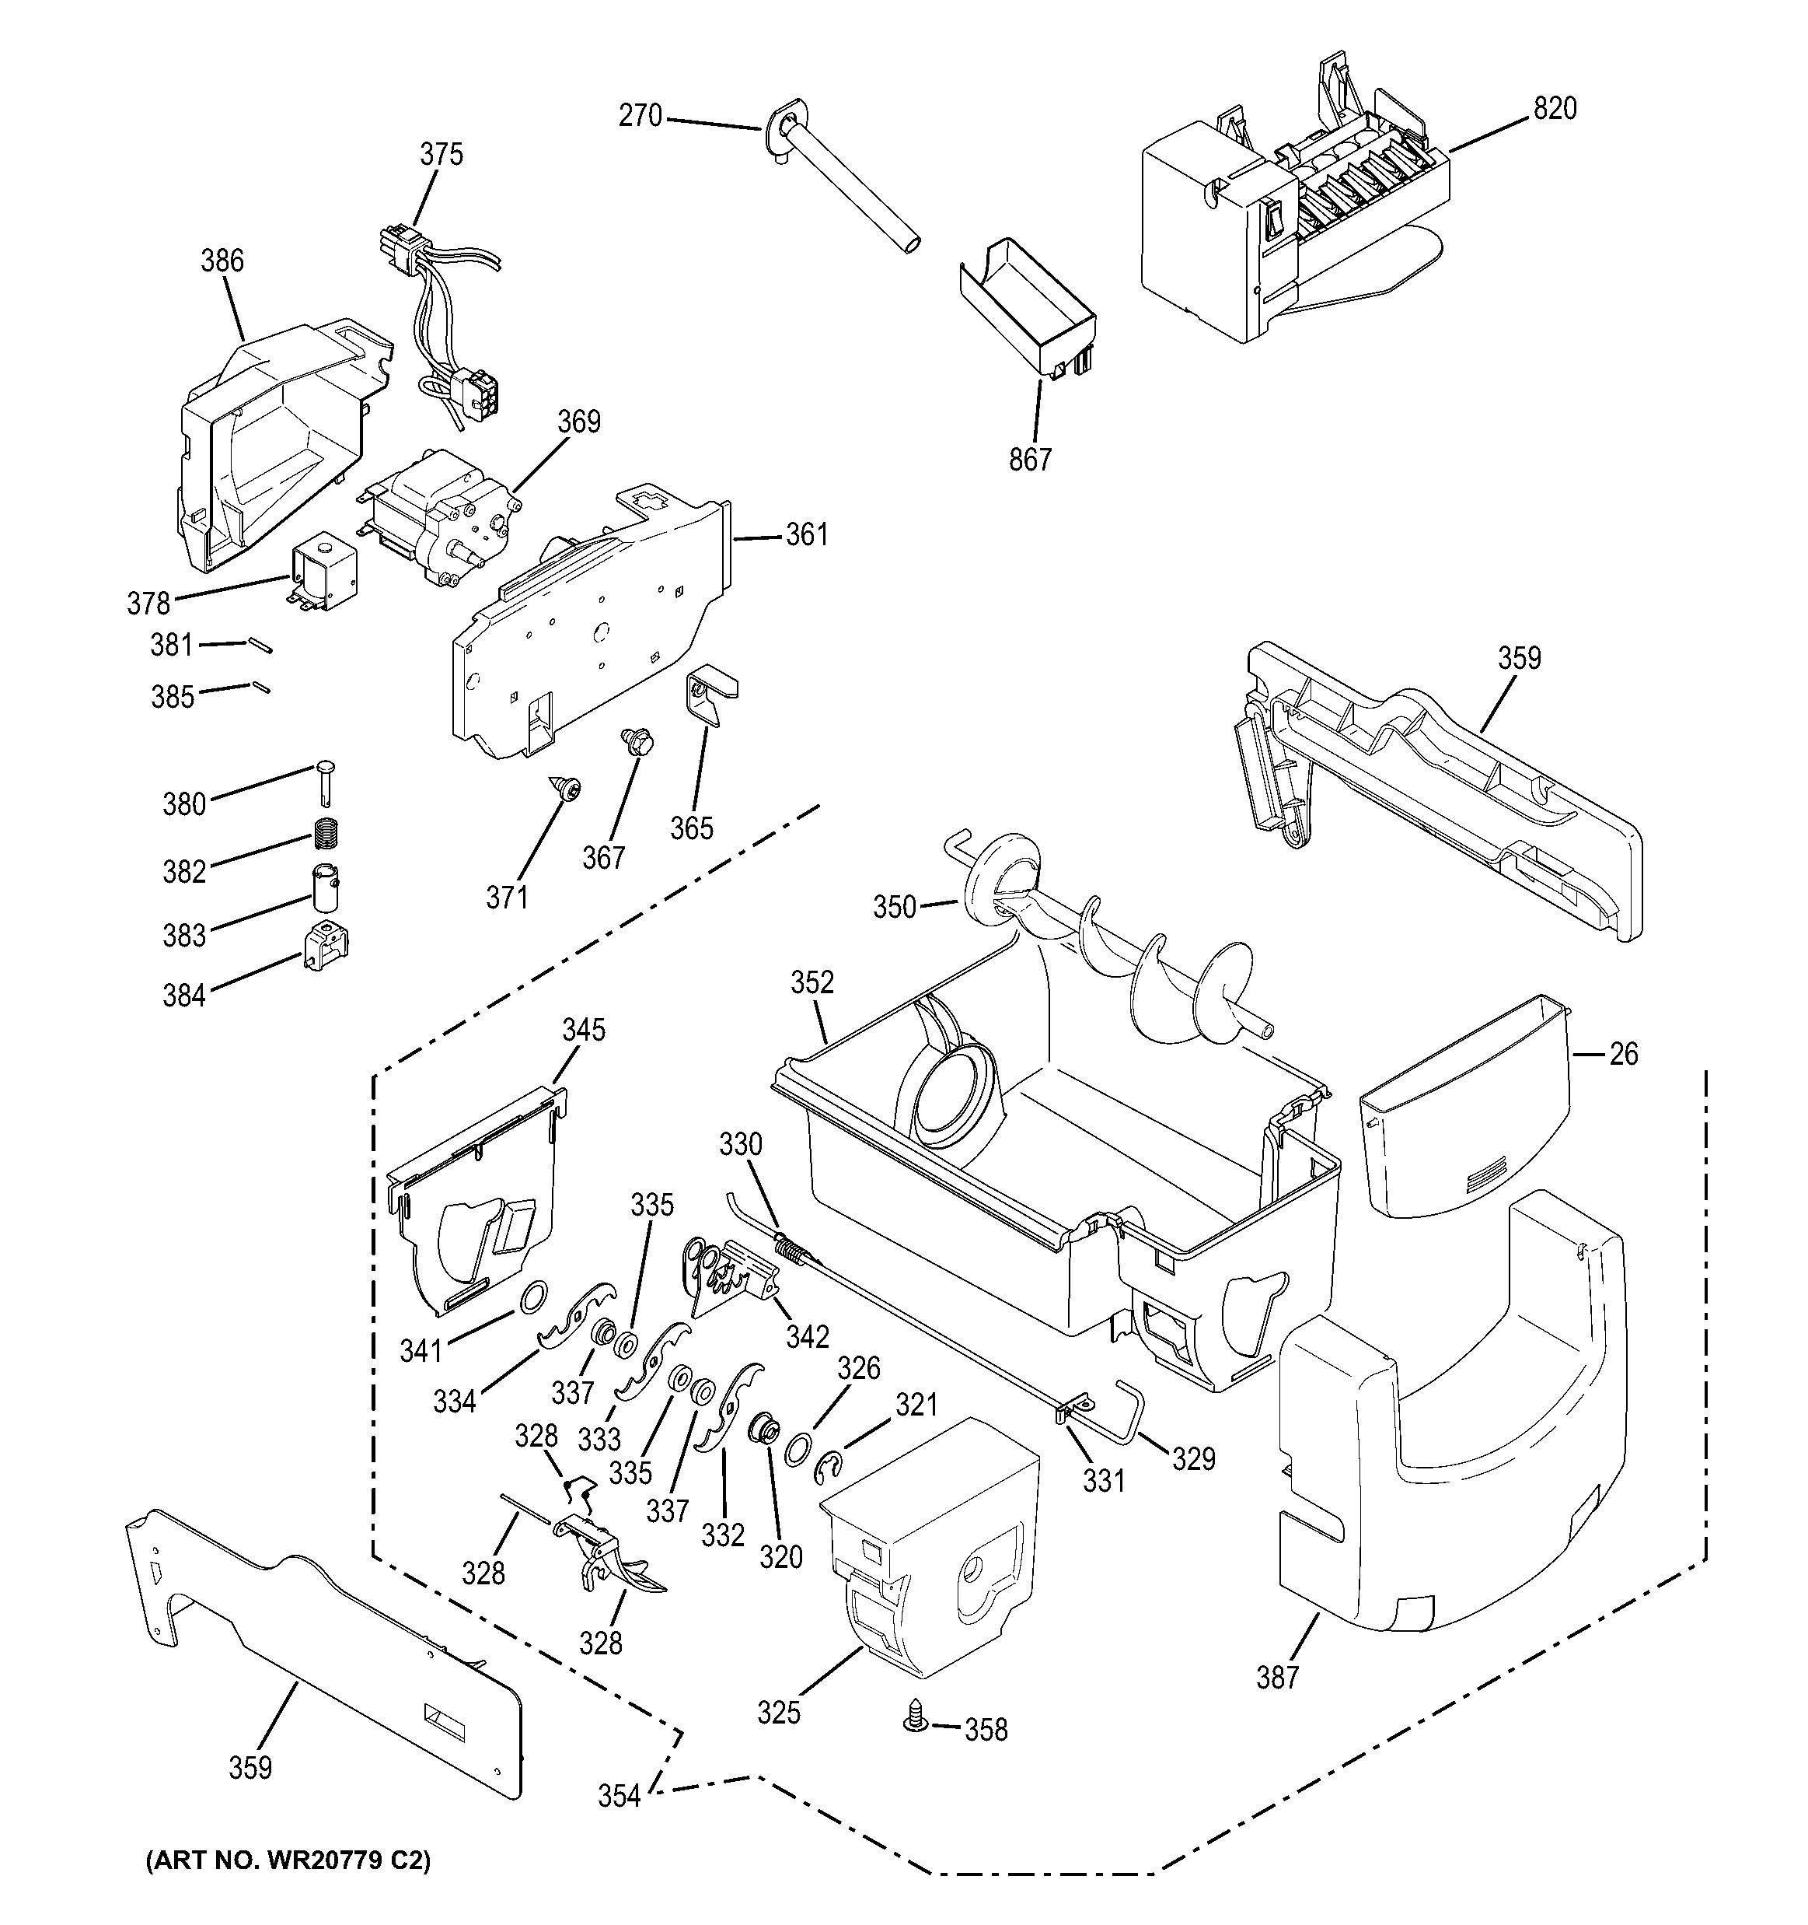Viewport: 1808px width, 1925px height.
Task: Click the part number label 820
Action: pos(1555,108)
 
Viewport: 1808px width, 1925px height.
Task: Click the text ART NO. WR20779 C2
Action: pos(288,1860)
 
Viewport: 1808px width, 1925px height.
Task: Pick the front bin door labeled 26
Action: pos(1461,1104)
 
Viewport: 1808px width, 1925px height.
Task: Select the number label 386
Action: pos(222,261)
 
